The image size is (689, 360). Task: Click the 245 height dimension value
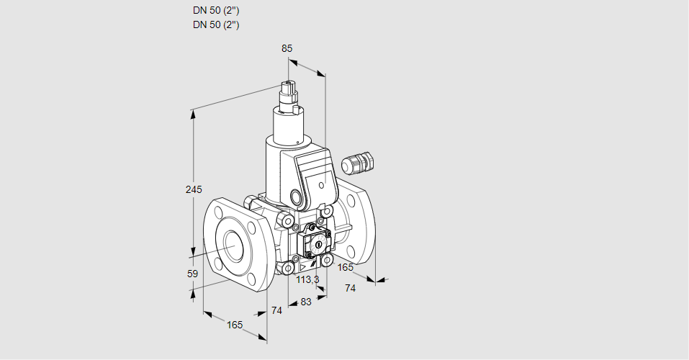click(193, 190)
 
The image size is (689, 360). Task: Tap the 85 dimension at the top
click(287, 48)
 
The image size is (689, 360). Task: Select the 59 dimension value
click(192, 274)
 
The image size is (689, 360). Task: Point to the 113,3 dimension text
click(307, 280)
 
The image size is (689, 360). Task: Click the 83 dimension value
click(305, 302)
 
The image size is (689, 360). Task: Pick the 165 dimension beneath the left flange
click(235, 325)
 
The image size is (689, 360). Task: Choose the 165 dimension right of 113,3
click(346, 268)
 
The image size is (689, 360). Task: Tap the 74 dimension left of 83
click(276, 310)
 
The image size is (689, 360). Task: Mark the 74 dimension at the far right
click(351, 288)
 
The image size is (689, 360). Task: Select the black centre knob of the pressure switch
click(317, 246)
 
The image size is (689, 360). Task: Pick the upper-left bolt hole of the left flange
click(218, 212)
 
